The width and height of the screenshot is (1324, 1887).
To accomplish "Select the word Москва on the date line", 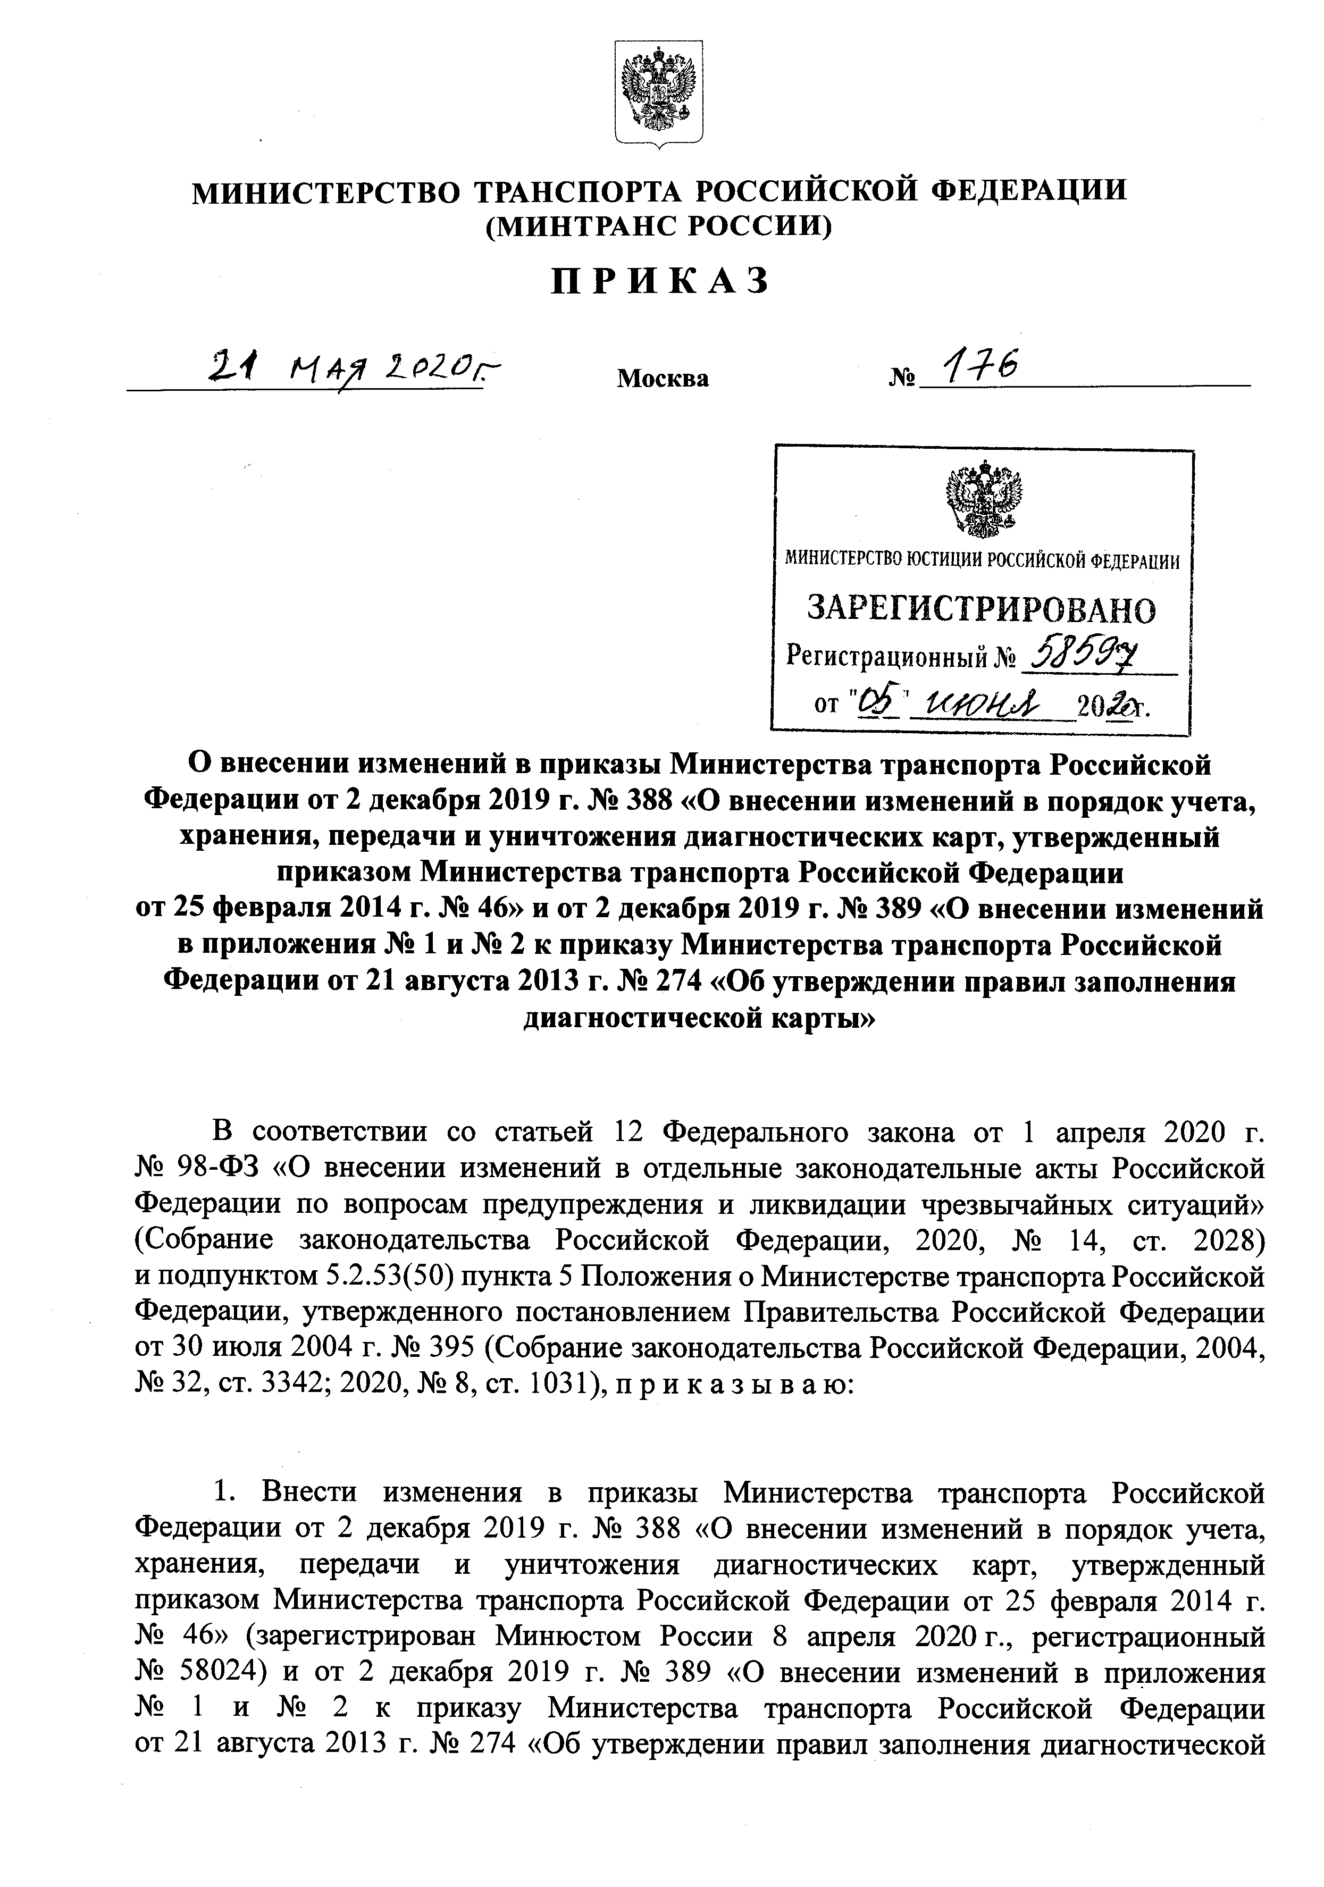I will pyautogui.click(x=663, y=379).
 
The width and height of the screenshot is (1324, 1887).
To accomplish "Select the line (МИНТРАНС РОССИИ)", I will pyautogui.click(x=659, y=225).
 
